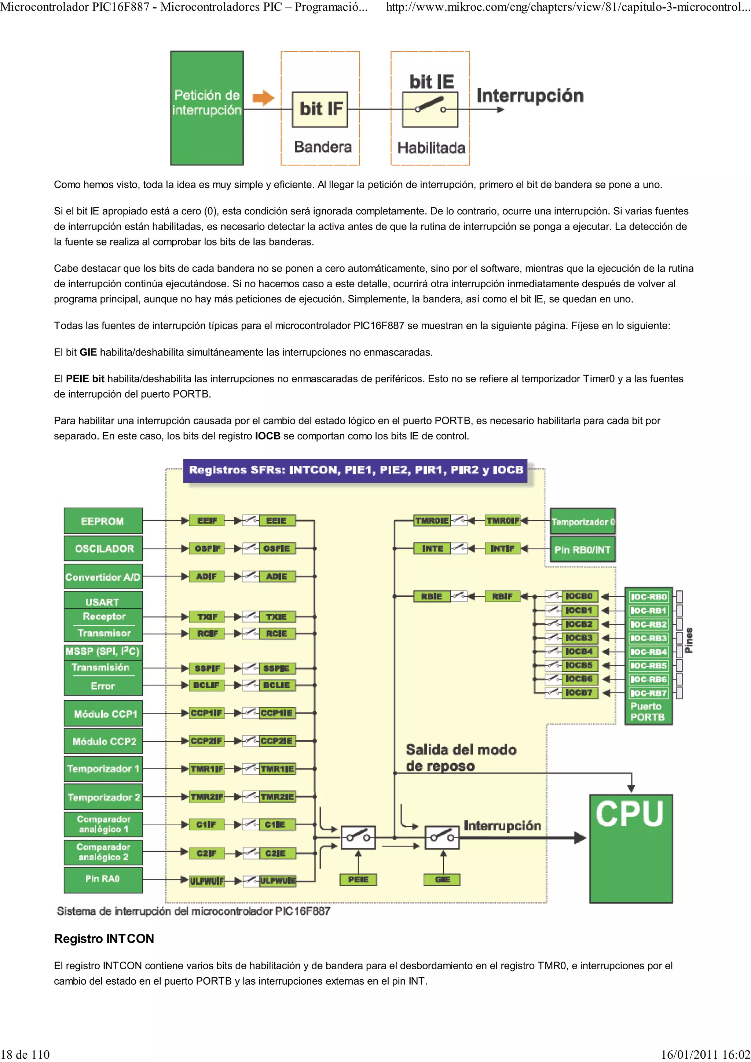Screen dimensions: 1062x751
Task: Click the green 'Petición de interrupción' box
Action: pyautogui.click(x=207, y=108)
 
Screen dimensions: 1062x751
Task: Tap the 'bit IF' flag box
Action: pyautogui.click(x=320, y=109)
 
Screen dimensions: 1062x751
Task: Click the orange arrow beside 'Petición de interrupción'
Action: pyautogui.click(x=263, y=97)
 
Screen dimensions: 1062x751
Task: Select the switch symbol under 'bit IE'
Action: pyautogui.click(x=430, y=110)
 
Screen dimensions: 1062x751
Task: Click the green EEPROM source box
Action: pyautogui.click(x=103, y=521)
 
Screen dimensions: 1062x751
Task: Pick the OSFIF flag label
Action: pyautogui.click(x=207, y=549)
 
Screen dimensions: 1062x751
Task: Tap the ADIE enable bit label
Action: pyautogui.click(x=276, y=576)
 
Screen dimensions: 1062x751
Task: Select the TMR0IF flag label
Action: pyautogui.click(x=502, y=520)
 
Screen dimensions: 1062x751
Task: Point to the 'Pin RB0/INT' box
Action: pyautogui.click(x=582, y=549)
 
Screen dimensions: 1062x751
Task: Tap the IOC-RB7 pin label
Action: pyautogui.click(x=648, y=693)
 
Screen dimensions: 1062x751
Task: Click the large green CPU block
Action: pyautogui.click(x=630, y=848)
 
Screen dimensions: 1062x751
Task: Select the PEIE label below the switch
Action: pyautogui.click(x=358, y=879)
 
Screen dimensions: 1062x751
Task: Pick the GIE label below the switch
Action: pyautogui.click(x=442, y=879)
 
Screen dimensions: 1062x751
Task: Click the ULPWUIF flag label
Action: pyautogui.click(x=206, y=881)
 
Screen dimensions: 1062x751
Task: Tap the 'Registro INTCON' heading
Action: pyautogui.click(x=104, y=939)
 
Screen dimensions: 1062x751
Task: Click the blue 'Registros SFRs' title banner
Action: pyautogui.click(x=355, y=470)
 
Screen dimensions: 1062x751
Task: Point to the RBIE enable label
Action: pyautogui.click(x=431, y=596)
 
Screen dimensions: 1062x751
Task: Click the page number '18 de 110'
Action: pyautogui.click(x=25, y=1054)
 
